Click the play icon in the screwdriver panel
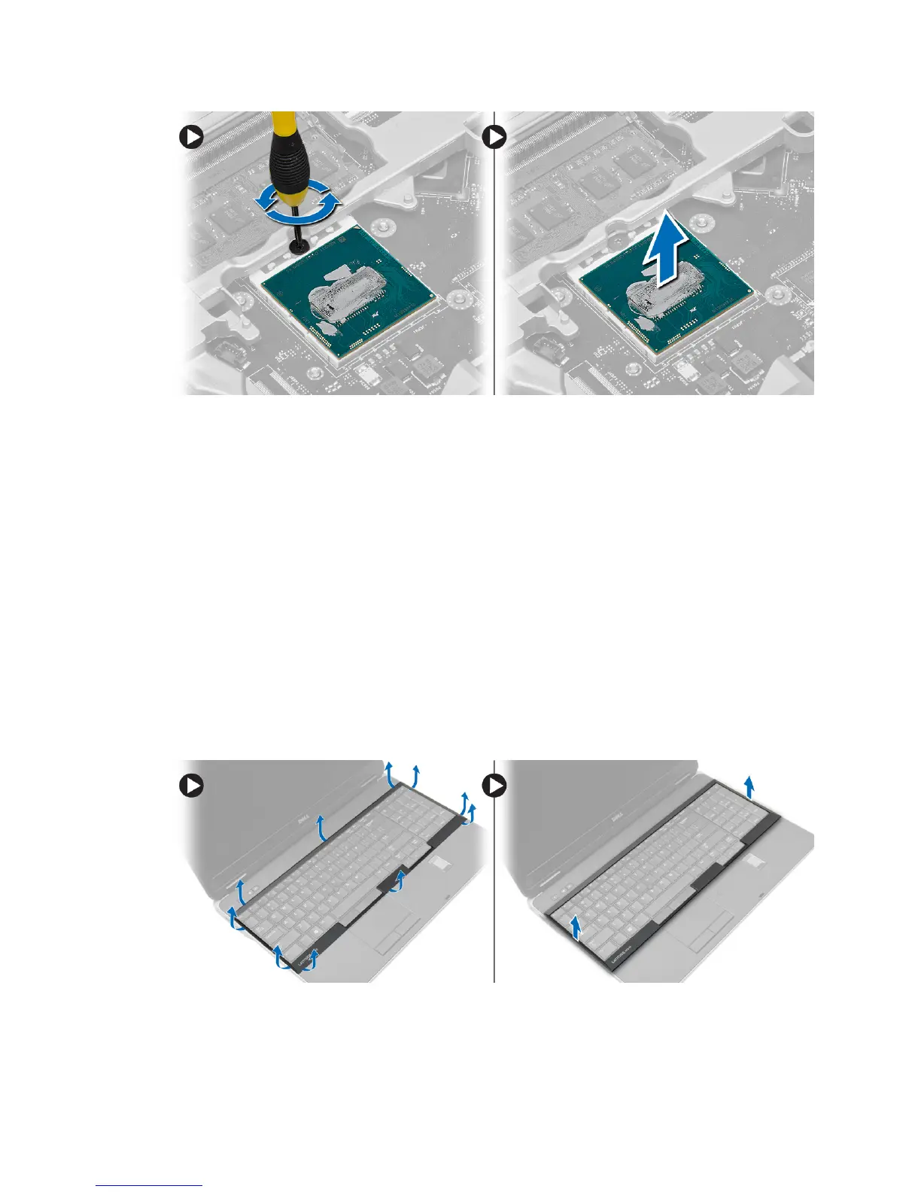tap(193, 138)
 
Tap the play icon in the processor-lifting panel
tap(495, 138)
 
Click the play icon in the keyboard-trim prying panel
tap(193, 786)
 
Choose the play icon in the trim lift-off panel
tap(495, 786)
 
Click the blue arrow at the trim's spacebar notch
tap(402, 880)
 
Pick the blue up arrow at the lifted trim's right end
tap(749, 787)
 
